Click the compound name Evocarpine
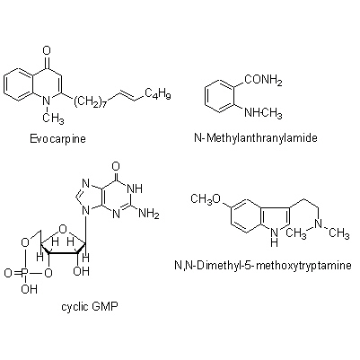click(57, 139)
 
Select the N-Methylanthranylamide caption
click(256, 138)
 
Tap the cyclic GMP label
click(90, 307)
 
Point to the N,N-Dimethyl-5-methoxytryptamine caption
click(263, 266)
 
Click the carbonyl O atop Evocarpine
click(47, 51)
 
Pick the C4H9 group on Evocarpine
click(158, 93)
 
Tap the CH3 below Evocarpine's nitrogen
click(53, 119)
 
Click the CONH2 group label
click(264, 81)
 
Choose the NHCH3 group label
click(263, 113)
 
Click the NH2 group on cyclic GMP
click(149, 215)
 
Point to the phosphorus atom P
click(25, 273)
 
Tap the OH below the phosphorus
click(30, 289)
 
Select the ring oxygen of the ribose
click(63, 229)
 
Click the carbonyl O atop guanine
click(116, 166)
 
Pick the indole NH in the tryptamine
click(274, 236)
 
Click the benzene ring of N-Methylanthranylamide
click(219, 97)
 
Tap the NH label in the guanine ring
click(135, 189)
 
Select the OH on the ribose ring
click(81, 271)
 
